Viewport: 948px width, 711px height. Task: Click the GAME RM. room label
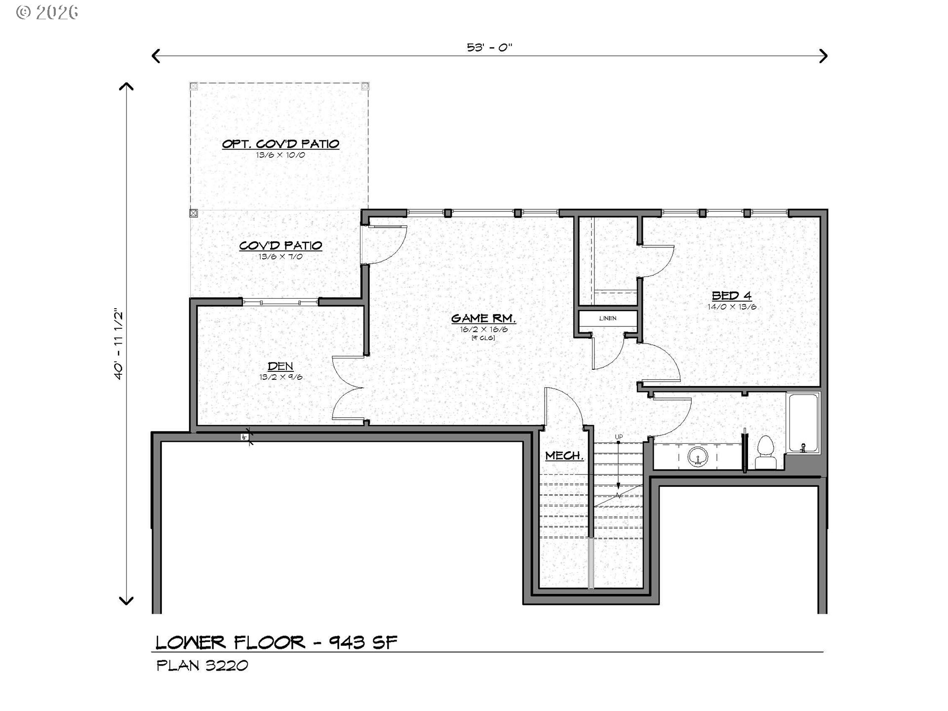(x=483, y=318)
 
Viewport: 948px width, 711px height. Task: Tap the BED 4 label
(x=732, y=296)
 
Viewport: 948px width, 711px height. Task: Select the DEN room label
(x=280, y=366)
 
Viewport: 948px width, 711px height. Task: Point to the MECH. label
(x=564, y=456)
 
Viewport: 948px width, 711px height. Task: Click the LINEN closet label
(x=608, y=318)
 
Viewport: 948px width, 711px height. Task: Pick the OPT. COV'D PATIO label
(x=280, y=144)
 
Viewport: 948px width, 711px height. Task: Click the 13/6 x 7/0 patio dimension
(x=280, y=257)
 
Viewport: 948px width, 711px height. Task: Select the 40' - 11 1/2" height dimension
(x=118, y=345)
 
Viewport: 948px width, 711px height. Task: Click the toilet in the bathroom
(x=766, y=452)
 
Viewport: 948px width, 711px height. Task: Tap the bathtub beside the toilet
(x=803, y=423)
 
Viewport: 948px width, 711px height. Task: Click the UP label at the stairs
(x=619, y=437)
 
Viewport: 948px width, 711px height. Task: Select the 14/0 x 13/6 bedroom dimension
(x=732, y=307)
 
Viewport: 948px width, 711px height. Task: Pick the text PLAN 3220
(x=202, y=666)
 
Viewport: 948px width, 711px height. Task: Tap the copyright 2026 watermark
(x=47, y=12)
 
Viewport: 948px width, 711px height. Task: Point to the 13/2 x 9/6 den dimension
(x=280, y=377)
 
